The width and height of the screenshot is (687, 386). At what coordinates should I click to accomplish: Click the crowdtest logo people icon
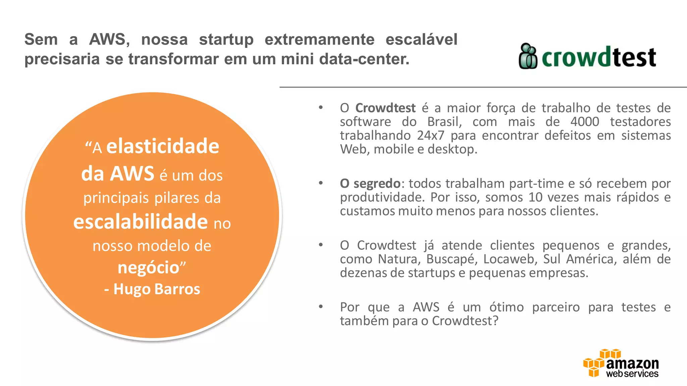point(528,56)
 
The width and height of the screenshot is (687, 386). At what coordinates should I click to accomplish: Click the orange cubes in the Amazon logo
point(595,363)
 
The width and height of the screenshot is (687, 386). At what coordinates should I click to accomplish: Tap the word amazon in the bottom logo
point(632,363)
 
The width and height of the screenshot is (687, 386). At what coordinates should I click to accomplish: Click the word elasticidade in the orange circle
point(163,146)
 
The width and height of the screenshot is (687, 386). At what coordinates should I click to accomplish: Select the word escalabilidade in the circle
point(141,222)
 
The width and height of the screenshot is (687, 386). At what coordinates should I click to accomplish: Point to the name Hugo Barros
point(156,289)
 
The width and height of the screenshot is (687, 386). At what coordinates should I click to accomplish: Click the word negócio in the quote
point(149,268)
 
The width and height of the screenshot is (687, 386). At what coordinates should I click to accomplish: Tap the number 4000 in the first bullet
point(585,122)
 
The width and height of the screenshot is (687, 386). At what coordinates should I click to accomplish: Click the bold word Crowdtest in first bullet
point(385,108)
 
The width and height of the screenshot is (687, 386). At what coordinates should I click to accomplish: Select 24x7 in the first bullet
point(431,135)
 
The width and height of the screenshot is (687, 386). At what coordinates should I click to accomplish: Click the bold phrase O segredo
point(370,184)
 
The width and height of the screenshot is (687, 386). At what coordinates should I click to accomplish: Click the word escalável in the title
point(421,40)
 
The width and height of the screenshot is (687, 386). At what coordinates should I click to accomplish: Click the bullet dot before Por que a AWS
point(321,306)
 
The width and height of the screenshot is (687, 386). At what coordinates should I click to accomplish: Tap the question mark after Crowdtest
point(495,321)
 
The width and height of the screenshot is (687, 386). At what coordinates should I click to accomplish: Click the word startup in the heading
point(226,40)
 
